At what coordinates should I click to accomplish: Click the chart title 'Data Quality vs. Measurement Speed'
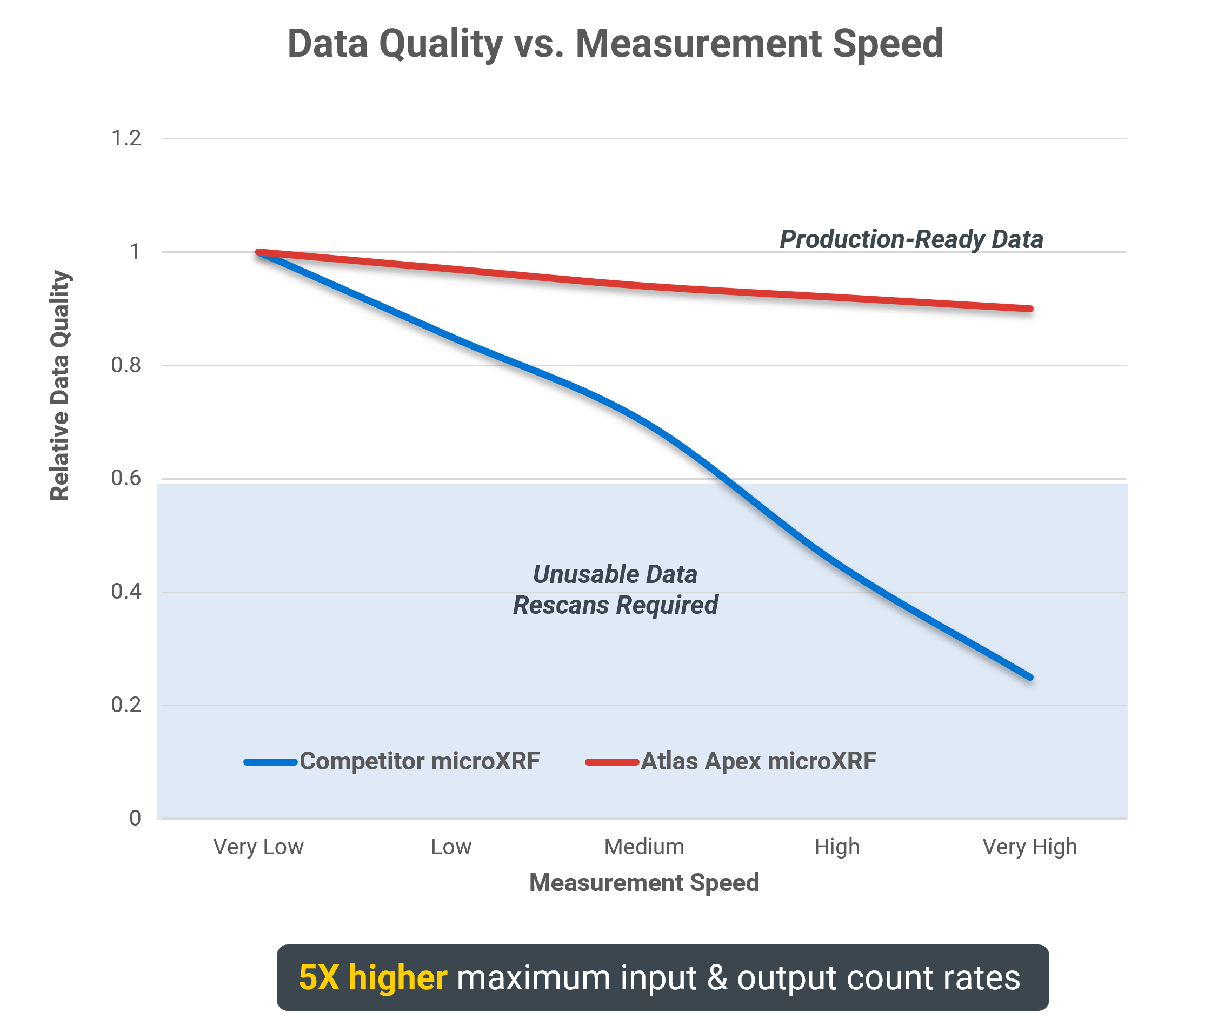pyautogui.click(x=615, y=44)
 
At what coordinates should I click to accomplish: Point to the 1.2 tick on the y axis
pyautogui.click(x=127, y=138)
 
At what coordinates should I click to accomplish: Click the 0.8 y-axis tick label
pyautogui.click(x=127, y=365)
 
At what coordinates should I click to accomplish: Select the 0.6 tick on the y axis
pyautogui.click(x=127, y=478)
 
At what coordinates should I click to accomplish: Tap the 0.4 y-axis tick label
pyautogui.click(x=127, y=591)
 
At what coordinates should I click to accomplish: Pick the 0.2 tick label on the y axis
pyautogui.click(x=127, y=705)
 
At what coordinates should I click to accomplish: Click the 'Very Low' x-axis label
pyautogui.click(x=258, y=847)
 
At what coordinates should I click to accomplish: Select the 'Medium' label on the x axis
pyautogui.click(x=644, y=847)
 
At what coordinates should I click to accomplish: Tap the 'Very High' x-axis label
pyautogui.click(x=1030, y=847)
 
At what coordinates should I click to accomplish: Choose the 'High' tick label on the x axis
pyautogui.click(x=837, y=847)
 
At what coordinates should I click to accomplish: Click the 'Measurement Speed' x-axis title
pyautogui.click(x=644, y=882)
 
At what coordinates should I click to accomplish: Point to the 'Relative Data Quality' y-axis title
pyautogui.click(x=60, y=385)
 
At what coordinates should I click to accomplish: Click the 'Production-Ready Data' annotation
pyautogui.click(x=911, y=239)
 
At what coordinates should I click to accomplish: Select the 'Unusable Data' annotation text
pyautogui.click(x=615, y=574)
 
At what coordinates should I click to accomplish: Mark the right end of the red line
pyautogui.click(x=1030, y=308)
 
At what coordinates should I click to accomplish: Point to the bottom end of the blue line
pyautogui.click(x=1030, y=678)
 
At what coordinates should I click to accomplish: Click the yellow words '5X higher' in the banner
pyautogui.click(x=373, y=977)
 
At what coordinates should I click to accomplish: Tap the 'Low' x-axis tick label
pyautogui.click(x=451, y=847)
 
